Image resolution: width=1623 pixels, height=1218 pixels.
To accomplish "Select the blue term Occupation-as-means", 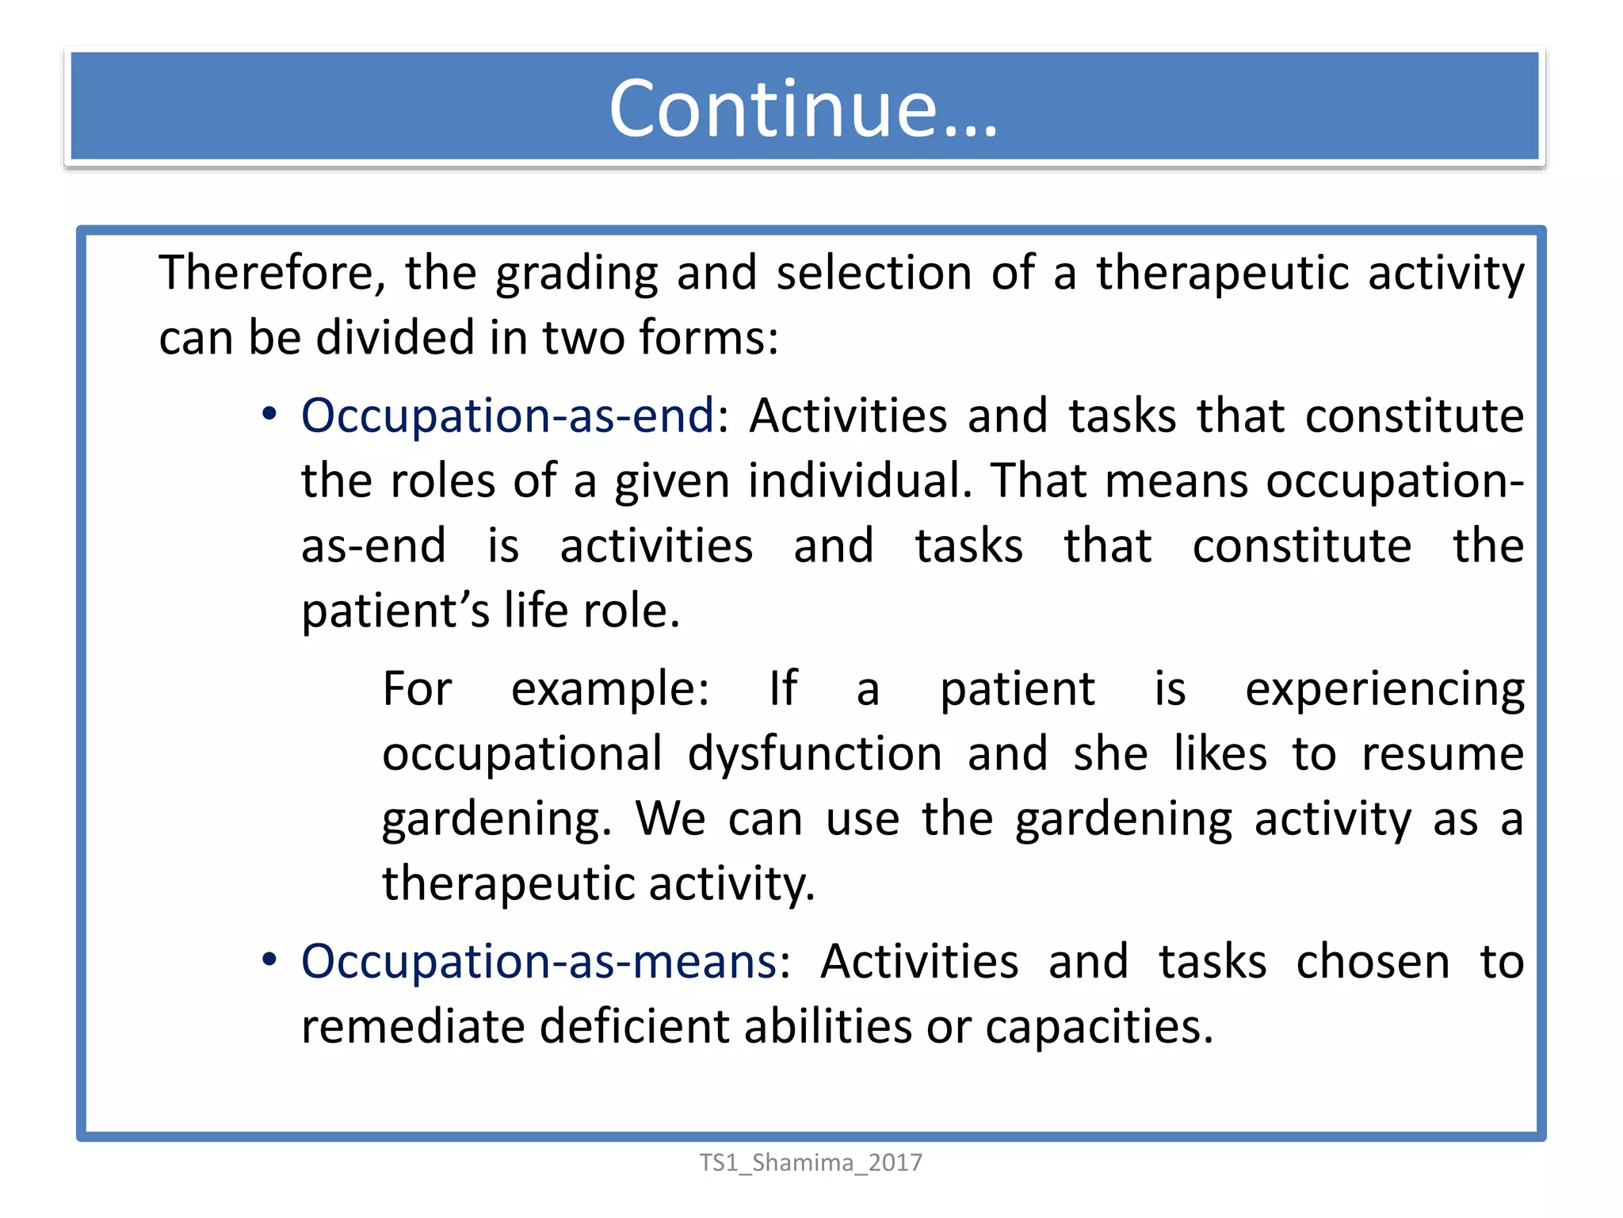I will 539,961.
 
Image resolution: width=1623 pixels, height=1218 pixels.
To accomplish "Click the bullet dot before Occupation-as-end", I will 269,414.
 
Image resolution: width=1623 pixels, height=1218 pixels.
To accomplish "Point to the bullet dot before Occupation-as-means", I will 269,960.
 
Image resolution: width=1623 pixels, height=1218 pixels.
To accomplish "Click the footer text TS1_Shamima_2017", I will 810,1162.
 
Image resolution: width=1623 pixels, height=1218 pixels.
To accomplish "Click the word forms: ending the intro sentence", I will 708,338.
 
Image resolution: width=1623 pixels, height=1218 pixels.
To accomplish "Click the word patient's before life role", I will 395,611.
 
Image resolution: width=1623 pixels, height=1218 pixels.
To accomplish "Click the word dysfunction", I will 814,754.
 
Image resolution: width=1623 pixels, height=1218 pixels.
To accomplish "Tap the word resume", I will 1442,754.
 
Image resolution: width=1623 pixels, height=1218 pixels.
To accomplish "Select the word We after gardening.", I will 670,819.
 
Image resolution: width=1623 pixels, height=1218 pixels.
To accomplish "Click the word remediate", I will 413,1026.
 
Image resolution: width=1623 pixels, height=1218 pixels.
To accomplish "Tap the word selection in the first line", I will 873,273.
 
